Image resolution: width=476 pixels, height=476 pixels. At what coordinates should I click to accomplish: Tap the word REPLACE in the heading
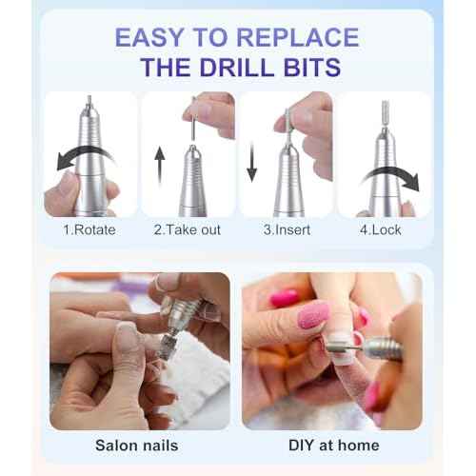[x=304, y=37]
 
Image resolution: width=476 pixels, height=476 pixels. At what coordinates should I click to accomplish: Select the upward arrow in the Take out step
[x=159, y=166]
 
